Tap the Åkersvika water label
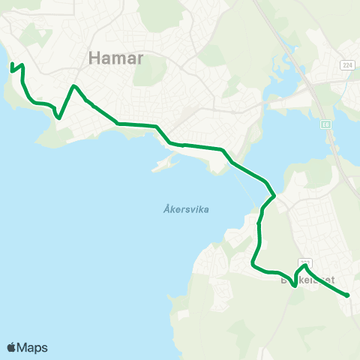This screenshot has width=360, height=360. click(x=185, y=210)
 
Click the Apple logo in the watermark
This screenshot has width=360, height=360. click(x=12, y=347)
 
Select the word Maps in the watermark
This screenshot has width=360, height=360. click(x=32, y=347)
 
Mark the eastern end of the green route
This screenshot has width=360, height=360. click(x=348, y=295)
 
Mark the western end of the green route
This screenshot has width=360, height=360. click(x=12, y=70)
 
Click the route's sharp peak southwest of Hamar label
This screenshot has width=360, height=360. click(x=73, y=86)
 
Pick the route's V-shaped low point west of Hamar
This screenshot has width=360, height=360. click(x=59, y=118)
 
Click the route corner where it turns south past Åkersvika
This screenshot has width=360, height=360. click(x=274, y=196)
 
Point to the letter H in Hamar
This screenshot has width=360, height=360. click(x=94, y=57)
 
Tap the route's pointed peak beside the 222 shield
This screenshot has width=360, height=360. click(x=304, y=265)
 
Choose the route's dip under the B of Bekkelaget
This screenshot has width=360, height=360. click(x=293, y=285)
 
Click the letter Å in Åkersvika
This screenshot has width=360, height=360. click(x=166, y=210)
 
